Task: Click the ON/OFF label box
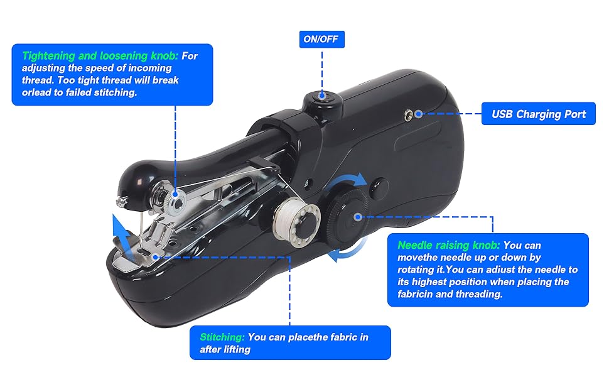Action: pyautogui.click(x=321, y=39)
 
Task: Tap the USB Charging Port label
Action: pyautogui.click(x=539, y=114)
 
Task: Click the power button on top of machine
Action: pyautogui.click(x=322, y=97)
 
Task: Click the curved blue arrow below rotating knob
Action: pyautogui.click(x=347, y=255)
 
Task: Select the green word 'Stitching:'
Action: pyautogui.click(x=222, y=337)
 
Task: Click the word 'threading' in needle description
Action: pyautogui.click(x=478, y=293)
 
